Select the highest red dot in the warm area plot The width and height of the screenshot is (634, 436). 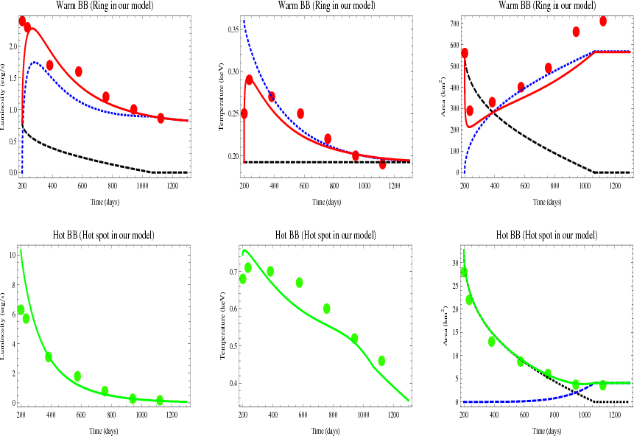click(603, 21)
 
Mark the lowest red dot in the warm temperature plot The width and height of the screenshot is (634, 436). click(382, 164)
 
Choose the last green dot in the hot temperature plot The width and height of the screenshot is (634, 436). click(381, 361)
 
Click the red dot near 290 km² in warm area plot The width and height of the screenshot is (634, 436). click(470, 110)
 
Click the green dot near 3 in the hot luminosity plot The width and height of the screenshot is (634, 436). click(49, 356)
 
